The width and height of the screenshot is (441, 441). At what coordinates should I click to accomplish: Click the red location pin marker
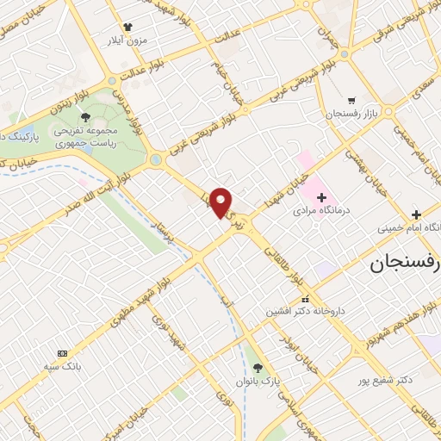tap(221, 202)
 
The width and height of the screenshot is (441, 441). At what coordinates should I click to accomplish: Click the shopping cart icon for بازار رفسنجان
tap(350, 99)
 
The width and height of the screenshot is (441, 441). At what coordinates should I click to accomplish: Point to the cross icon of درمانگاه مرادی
tap(321, 198)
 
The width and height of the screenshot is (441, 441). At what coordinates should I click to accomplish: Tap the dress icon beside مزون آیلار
tap(128, 28)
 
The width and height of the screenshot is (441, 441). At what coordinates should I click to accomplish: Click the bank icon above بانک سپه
tap(62, 353)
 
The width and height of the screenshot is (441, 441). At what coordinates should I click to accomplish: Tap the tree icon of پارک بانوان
tap(258, 368)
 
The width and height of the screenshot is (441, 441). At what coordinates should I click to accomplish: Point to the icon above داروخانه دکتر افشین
tap(303, 300)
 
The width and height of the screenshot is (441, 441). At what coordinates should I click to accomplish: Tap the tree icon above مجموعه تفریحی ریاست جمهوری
tap(84, 117)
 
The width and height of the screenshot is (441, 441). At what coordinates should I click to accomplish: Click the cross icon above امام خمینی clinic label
tap(416, 214)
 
